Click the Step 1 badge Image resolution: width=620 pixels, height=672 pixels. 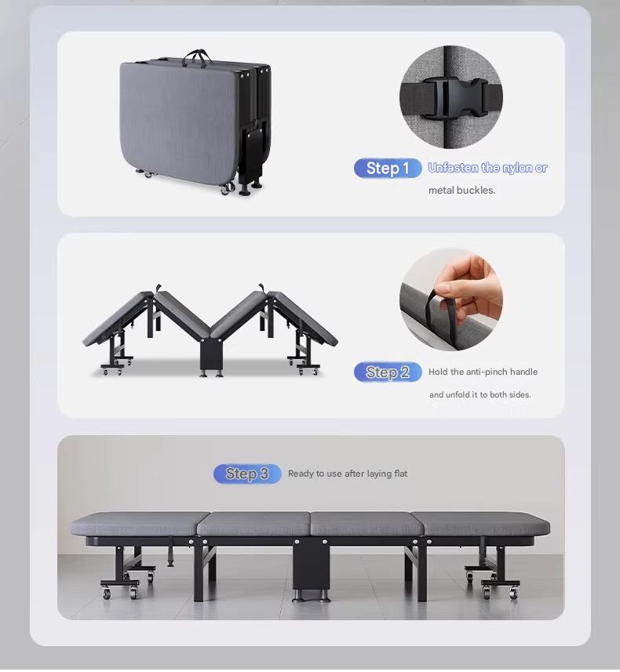[388, 168]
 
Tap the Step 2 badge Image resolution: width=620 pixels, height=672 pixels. [388, 372]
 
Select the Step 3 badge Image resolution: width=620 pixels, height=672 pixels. [247, 474]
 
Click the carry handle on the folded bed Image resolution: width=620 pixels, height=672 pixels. [197, 58]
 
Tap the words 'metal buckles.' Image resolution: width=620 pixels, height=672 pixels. [461, 191]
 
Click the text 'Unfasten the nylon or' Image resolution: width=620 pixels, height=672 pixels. [487, 168]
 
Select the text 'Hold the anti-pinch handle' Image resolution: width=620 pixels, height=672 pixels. [483, 372]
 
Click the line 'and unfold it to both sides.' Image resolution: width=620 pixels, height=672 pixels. [480, 394]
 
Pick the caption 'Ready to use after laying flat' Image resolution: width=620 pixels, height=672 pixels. [348, 474]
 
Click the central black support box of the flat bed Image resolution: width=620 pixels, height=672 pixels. [311, 564]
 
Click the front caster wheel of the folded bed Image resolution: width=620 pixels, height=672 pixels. [228, 188]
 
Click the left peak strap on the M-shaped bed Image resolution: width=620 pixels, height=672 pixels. [158, 288]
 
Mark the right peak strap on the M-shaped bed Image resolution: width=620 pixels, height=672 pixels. [261, 288]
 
